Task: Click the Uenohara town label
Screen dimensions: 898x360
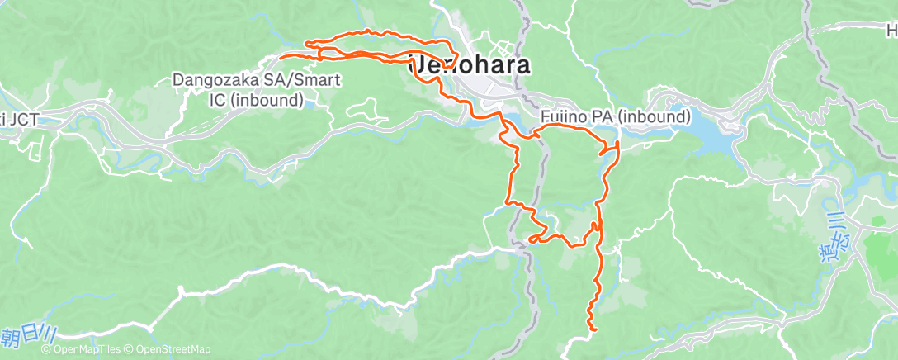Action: tap(470, 65)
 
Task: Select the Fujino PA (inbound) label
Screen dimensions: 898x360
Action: tap(616, 117)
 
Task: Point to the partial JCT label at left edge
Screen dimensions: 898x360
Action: tap(20, 119)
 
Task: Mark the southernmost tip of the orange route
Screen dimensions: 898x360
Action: tap(593, 330)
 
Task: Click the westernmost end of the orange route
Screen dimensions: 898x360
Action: tap(281, 56)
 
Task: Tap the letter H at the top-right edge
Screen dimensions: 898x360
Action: tap(891, 31)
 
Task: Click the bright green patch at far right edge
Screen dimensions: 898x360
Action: tap(884, 249)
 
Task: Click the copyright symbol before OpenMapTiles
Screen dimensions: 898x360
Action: tap(45, 350)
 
